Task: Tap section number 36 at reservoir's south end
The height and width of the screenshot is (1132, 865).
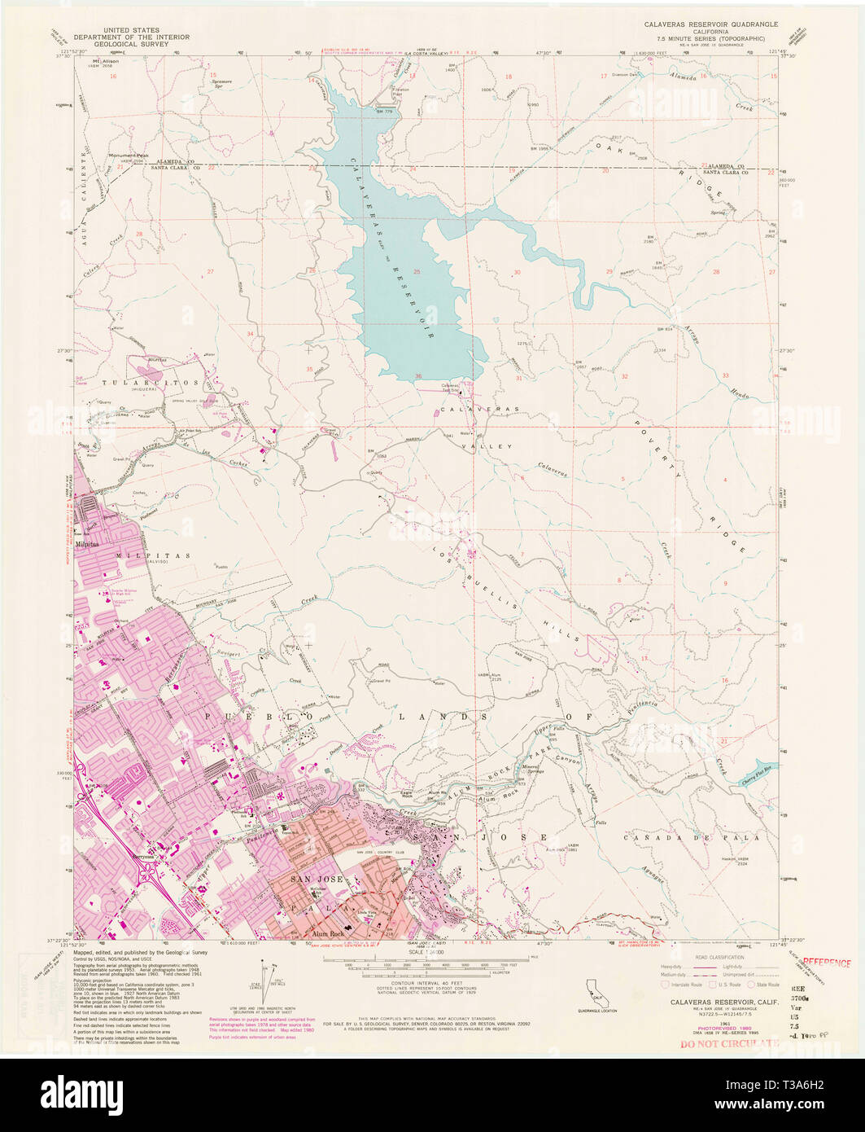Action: [x=418, y=376]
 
